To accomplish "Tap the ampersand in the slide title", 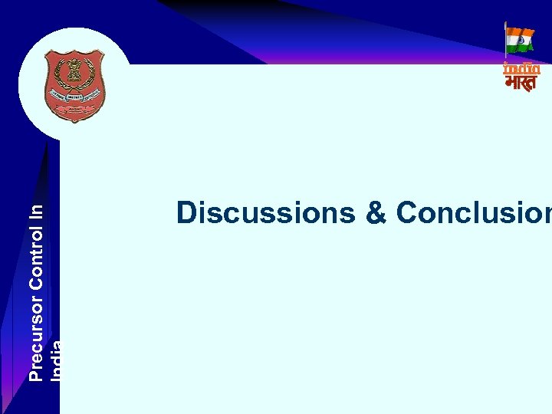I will click(x=376, y=213).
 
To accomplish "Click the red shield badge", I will click(x=74, y=85).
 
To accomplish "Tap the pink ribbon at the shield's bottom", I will click(x=74, y=111).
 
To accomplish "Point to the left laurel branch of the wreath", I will click(x=54, y=84).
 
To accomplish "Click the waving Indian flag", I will click(x=521, y=40).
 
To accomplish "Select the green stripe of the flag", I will click(x=521, y=48).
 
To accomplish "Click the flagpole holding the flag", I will click(x=506, y=42).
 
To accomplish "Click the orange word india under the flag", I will click(x=521, y=68).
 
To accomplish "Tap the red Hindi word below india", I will click(x=521, y=82).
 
